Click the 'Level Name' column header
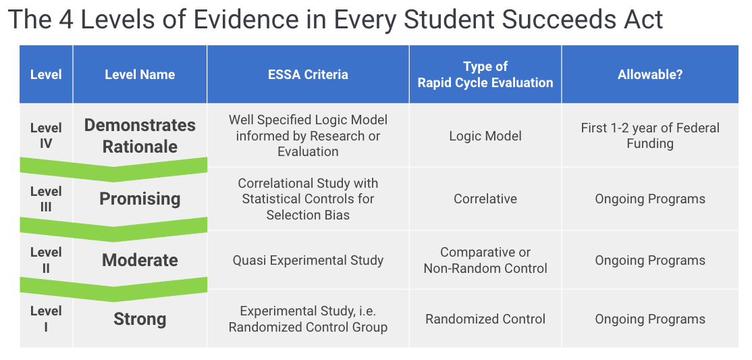coord(140,75)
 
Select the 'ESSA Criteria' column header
coord(308,75)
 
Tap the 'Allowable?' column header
coord(650,75)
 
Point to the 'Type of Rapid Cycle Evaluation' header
coord(485,75)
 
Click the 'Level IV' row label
coord(46,135)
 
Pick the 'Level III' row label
coord(46,199)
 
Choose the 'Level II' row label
coord(46,260)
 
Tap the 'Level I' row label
coord(46,319)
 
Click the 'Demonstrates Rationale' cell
coord(140,136)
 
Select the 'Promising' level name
coord(140,199)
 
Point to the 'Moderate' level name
coord(140,260)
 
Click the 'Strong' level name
coord(140,319)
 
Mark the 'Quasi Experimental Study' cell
coord(308,260)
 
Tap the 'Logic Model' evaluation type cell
coord(485,136)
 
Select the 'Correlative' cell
coord(485,199)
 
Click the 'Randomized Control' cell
coord(485,319)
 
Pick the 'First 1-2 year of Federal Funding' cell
coord(650,136)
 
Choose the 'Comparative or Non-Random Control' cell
coord(485,260)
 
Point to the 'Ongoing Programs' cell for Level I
coord(650,319)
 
